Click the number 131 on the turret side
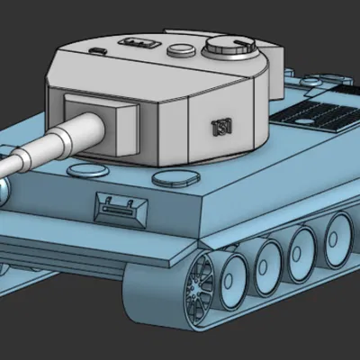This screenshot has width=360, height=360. (220, 125)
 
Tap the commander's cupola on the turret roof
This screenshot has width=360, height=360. (229, 46)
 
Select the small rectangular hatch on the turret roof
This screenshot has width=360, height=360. (137, 40)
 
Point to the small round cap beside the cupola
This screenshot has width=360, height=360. (180, 46)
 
